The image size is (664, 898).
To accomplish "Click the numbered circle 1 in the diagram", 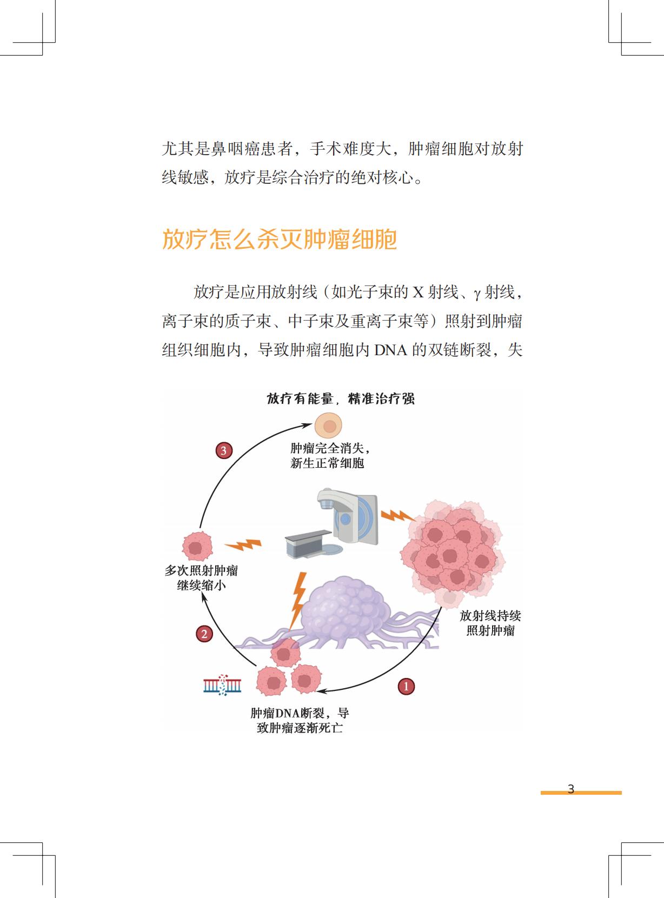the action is (x=406, y=687).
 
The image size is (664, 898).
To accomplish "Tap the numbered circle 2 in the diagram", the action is (x=204, y=634).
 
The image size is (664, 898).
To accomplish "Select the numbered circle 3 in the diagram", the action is (x=224, y=450).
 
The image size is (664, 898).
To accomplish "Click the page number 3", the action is (x=571, y=789).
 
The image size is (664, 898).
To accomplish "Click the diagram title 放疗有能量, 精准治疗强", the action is (x=341, y=399).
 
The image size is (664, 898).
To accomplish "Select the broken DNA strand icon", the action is (x=222, y=685).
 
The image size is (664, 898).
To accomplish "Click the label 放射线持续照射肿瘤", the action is (x=490, y=623).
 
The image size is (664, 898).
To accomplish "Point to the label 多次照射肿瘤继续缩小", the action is (x=201, y=578).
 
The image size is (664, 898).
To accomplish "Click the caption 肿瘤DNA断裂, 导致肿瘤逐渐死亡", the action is (x=300, y=720).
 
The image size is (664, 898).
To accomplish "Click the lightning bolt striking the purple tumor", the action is (x=298, y=598).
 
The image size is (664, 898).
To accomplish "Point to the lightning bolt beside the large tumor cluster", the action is (x=397, y=516).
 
